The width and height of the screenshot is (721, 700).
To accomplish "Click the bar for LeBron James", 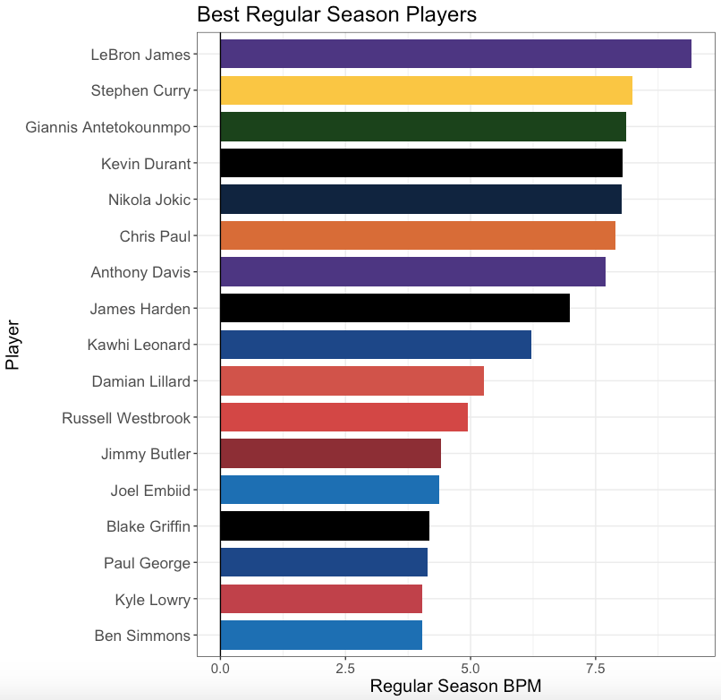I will pyautogui.click(x=455, y=54).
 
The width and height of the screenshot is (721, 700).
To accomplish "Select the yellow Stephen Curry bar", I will pyautogui.click(x=426, y=90).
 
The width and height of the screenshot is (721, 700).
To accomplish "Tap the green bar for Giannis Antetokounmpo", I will pyautogui.click(x=423, y=127).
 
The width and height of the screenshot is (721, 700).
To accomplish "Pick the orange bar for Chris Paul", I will pyautogui.click(x=418, y=235).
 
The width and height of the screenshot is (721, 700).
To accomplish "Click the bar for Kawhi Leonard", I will pyautogui.click(x=376, y=345).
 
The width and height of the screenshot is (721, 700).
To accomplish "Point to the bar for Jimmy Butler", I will pyautogui.click(x=330, y=454).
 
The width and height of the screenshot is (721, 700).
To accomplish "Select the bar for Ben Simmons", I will pyautogui.click(x=321, y=636).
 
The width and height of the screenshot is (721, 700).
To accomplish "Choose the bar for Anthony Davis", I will pyautogui.click(x=412, y=272).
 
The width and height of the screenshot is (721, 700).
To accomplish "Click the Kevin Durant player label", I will pyautogui.click(x=146, y=163).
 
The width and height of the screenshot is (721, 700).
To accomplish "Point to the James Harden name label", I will pyautogui.click(x=140, y=309).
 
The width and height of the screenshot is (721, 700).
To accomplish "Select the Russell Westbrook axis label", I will pyautogui.click(x=126, y=418).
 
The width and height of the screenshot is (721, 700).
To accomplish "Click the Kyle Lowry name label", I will pyautogui.click(x=153, y=600).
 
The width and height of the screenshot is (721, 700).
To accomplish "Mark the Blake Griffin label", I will pyautogui.click(x=148, y=526).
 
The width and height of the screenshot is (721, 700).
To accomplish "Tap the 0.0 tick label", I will pyautogui.click(x=220, y=668).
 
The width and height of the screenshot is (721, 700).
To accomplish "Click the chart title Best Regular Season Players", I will pyautogui.click(x=336, y=14).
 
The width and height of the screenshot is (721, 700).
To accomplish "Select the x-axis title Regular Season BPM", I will pyautogui.click(x=455, y=687).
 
